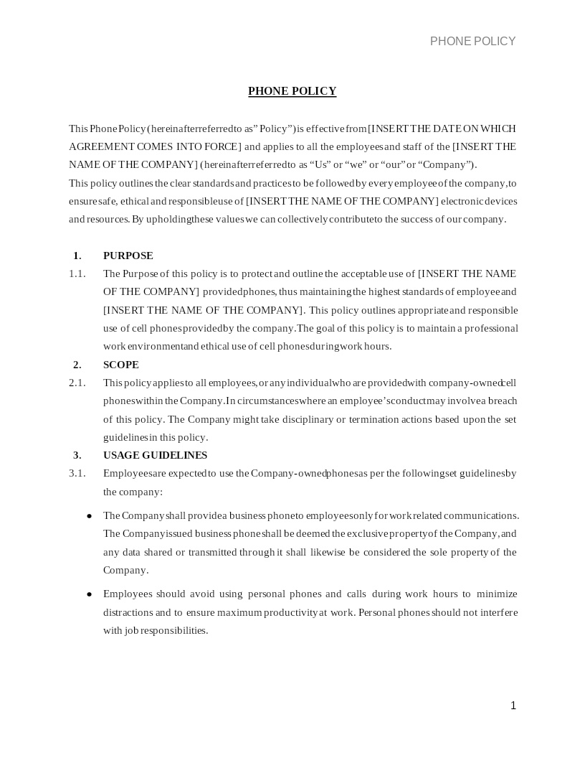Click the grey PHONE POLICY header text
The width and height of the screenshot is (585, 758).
coord(472,42)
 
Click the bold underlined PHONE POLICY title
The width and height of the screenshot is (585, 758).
coord(292,91)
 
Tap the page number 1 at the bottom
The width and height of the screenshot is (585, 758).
coord(513,706)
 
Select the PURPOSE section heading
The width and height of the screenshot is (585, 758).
coord(128,256)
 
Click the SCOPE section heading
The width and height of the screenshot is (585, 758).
coord(120,365)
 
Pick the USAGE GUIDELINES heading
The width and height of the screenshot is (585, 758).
coord(155,455)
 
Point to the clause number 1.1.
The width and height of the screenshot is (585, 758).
coord(77,273)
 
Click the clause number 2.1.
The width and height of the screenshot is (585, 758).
coord(77,383)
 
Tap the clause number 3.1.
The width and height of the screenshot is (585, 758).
coord(77,473)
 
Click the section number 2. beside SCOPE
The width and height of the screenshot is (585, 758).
coord(77,365)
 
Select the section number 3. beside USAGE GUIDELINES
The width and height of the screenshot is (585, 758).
coord(77,455)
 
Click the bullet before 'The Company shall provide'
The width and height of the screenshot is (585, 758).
coord(89,516)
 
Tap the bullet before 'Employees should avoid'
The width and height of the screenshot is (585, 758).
coord(89,594)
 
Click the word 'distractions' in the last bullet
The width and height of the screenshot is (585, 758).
coord(128,612)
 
